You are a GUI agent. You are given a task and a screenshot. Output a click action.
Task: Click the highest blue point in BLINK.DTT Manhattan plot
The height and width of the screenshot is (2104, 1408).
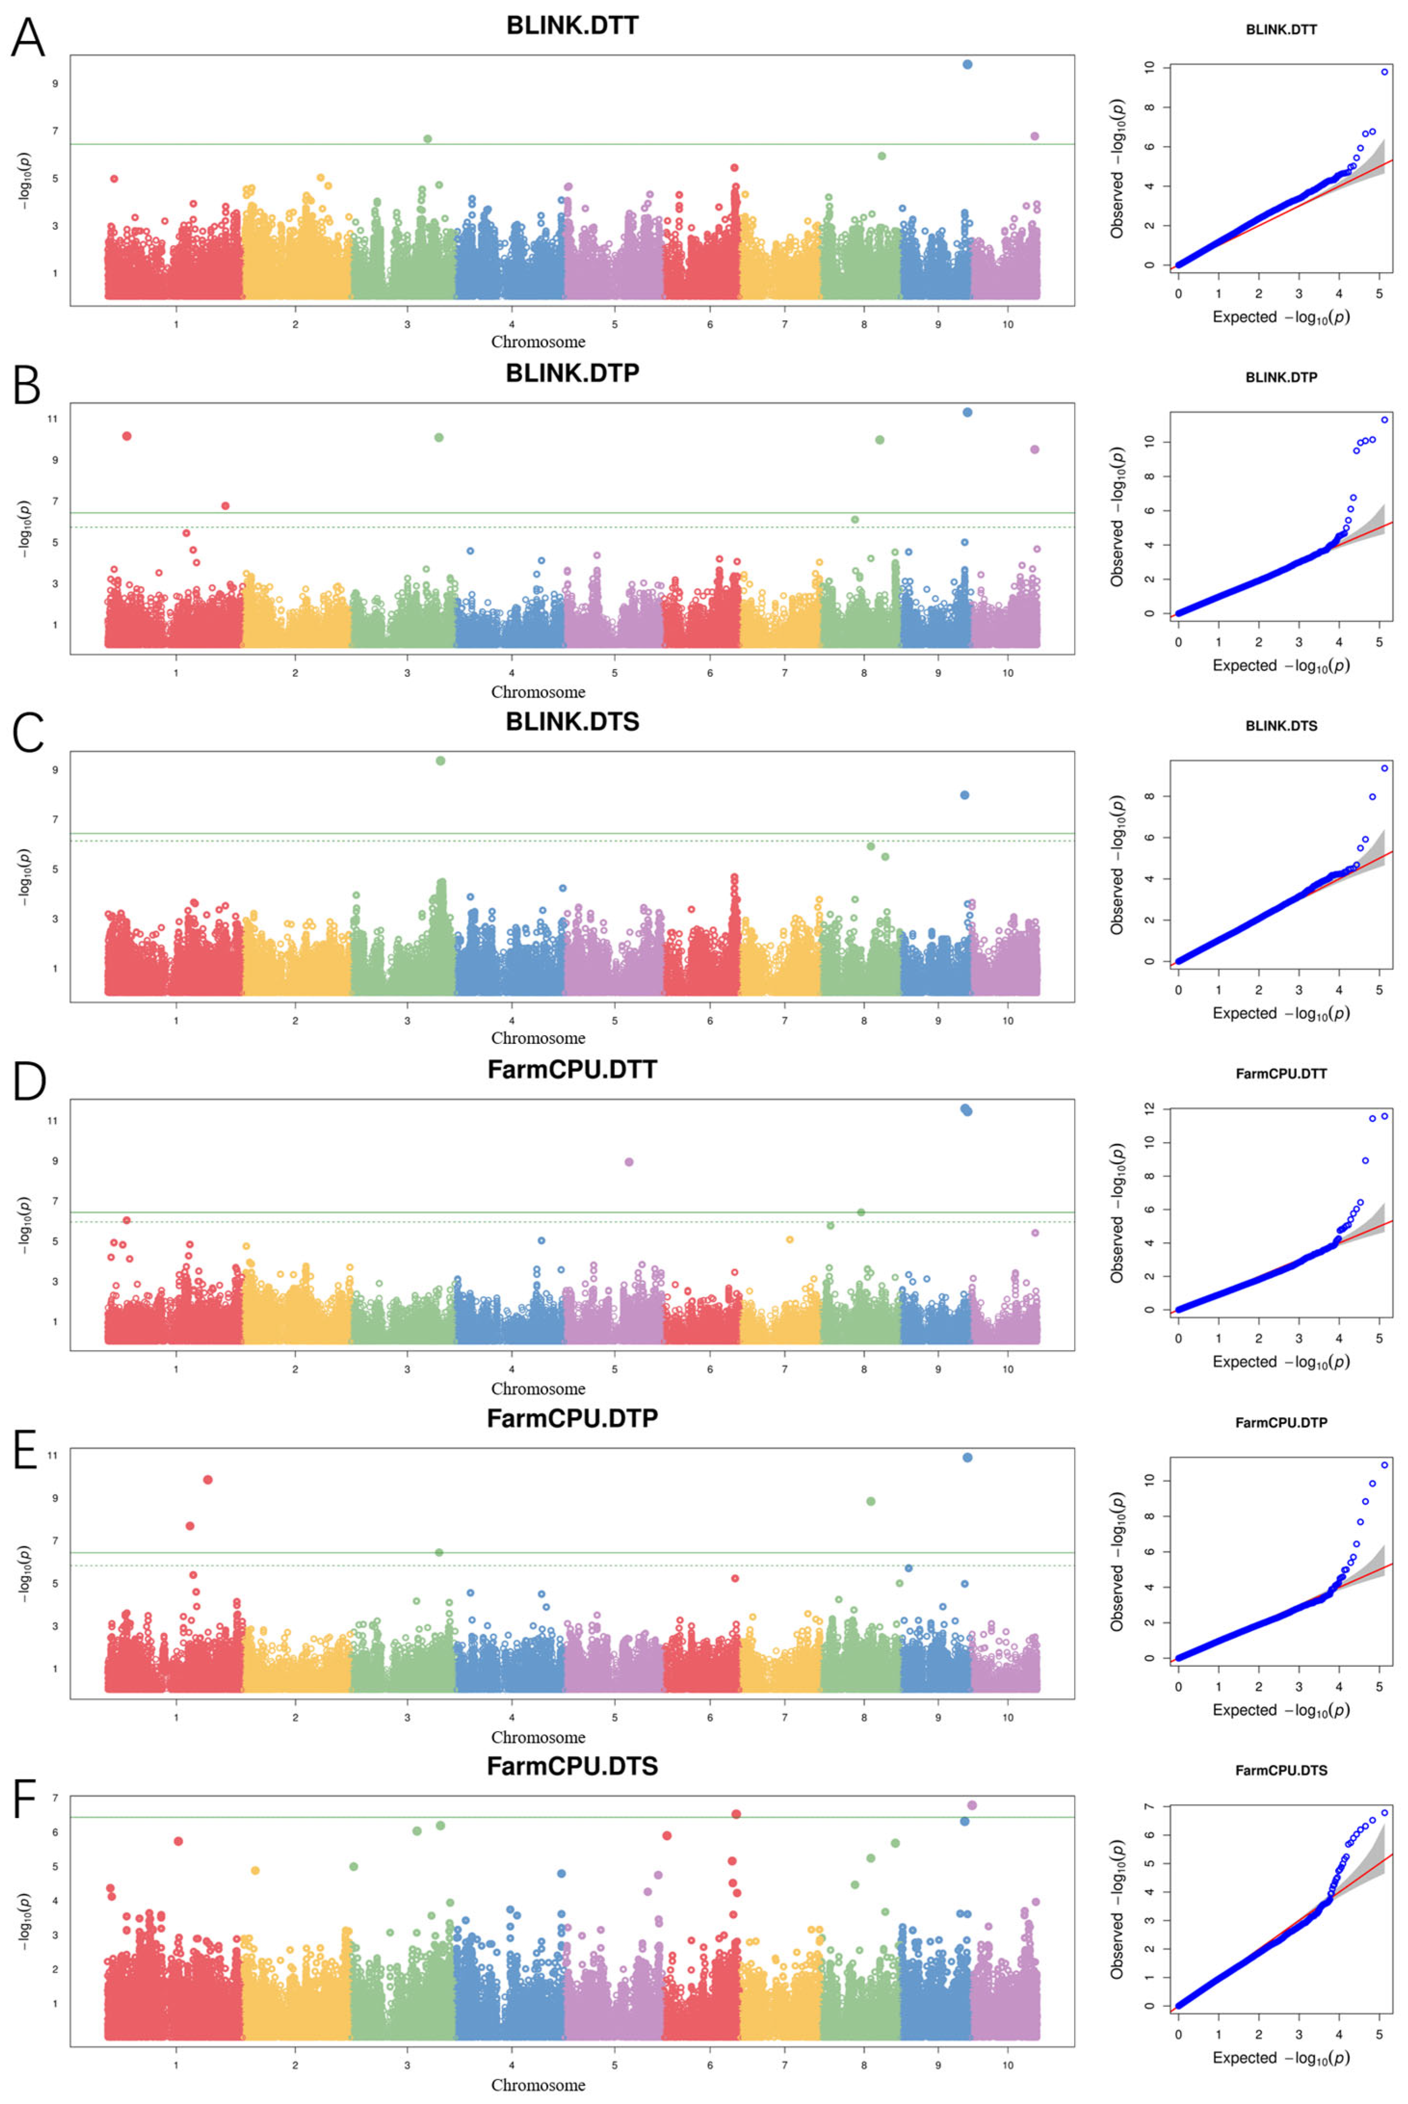[x=967, y=65]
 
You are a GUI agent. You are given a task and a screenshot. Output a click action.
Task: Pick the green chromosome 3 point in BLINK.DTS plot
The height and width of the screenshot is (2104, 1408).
[x=440, y=761]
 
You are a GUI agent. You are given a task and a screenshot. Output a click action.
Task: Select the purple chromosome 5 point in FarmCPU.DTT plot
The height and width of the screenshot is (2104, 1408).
[x=628, y=1162]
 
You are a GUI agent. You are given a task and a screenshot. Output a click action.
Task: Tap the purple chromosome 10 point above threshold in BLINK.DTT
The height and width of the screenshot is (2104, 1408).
[x=1034, y=136]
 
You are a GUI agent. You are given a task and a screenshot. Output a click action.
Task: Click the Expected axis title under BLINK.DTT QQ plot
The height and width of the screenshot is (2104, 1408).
[x=1280, y=317]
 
